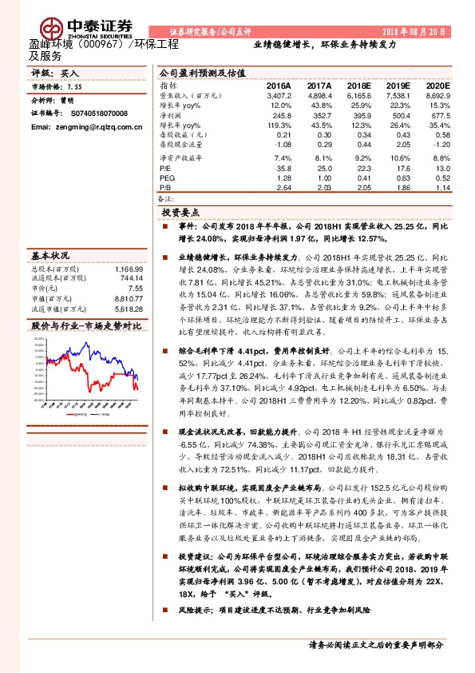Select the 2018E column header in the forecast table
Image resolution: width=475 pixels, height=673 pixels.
(359, 85)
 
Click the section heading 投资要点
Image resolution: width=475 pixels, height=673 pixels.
(180, 213)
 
